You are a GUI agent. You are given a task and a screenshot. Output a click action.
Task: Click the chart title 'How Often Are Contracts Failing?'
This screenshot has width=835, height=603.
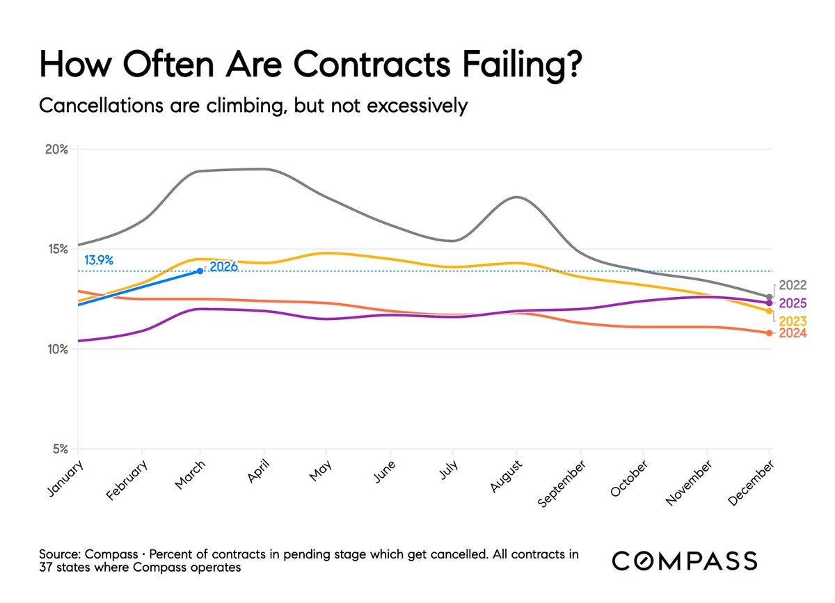coord(311,67)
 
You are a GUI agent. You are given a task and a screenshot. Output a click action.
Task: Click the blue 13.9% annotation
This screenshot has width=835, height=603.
coord(99,261)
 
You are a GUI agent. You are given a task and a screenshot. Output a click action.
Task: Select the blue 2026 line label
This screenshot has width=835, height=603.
coord(224,266)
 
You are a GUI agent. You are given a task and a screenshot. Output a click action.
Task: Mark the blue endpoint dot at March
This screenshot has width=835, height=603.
coord(200,271)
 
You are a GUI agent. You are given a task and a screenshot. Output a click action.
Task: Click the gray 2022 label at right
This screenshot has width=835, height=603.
coord(793,285)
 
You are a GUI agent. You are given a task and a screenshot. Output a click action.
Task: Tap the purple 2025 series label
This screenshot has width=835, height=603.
coord(793,303)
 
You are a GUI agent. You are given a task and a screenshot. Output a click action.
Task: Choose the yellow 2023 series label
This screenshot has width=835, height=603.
coord(793,321)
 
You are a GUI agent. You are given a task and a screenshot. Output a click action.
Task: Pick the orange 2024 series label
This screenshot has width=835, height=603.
coord(793,334)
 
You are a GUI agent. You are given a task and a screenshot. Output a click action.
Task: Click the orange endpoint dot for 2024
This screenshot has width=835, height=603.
coord(769,333)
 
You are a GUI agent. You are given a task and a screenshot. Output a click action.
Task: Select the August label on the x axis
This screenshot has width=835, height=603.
coord(505,476)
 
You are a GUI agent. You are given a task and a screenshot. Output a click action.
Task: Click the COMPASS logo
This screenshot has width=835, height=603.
coord(685,561)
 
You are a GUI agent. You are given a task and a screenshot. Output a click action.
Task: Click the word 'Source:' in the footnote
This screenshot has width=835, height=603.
coord(59,555)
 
